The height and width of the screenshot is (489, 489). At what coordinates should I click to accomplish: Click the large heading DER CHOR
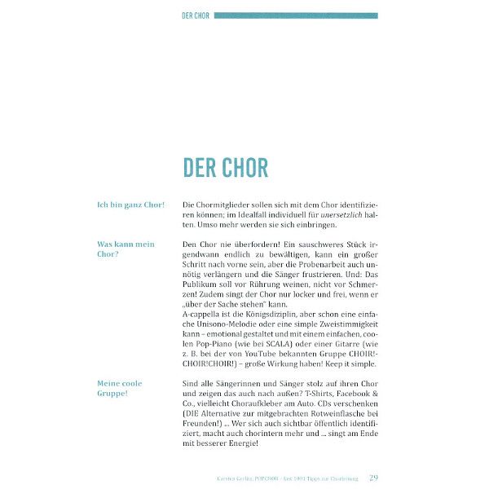point(225,168)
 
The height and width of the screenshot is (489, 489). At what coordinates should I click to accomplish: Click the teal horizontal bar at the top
point(296,15)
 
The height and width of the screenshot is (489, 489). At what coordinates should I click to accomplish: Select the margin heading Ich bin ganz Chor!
point(130,205)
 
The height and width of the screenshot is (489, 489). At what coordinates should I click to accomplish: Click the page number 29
point(373,478)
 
